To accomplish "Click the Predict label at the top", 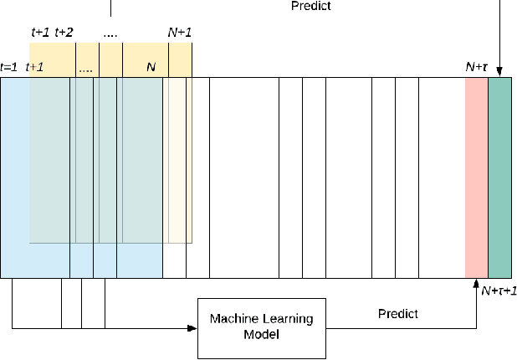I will tap(310, 7).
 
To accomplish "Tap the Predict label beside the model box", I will tap(398, 314).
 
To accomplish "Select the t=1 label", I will tap(9, 67).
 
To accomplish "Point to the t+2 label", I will tap(64, 33).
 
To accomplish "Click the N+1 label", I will tap(180, 33).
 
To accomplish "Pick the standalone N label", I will tap(151, 67).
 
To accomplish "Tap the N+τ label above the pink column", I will tap(476, 67).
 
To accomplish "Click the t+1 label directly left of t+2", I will tap(40, 33).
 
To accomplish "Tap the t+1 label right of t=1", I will tap(35, 67).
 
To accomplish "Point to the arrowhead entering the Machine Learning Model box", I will tap(192, 327).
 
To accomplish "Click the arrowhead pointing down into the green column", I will tap(499, 73).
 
